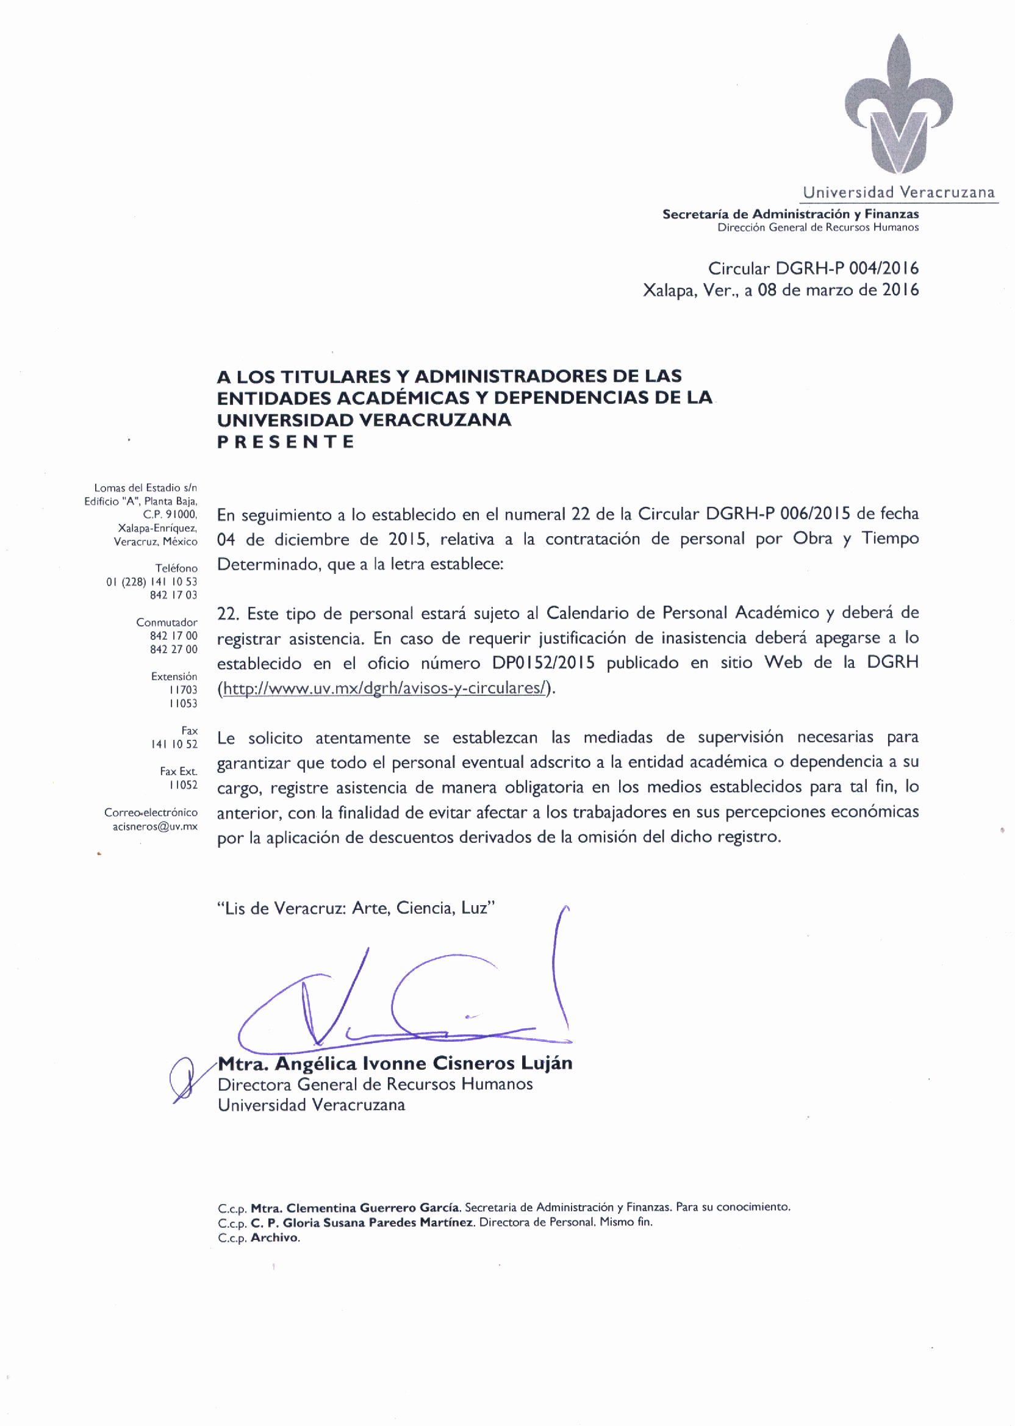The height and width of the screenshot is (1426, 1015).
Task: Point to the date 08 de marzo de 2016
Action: [x=838, y=290]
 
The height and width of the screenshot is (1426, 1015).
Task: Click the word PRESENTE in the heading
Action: [x=285, y=442]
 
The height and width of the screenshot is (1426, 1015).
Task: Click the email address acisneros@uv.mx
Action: [x=155, y=826]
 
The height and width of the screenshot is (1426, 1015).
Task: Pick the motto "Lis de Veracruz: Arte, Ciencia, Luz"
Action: [x=356, y=908]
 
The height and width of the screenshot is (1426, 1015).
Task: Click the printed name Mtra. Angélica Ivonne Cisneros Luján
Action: [x=395, y=1063]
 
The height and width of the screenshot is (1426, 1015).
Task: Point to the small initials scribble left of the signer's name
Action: [x=182, y=1078]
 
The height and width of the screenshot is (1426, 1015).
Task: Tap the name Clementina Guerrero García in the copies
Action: [x=373, y=1207]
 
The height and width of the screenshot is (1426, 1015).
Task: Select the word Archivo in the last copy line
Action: [x=275, y=1238]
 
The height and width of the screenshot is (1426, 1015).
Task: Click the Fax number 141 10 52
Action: [x=174, y=744]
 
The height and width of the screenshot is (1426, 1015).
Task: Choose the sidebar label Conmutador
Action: [x=167, y=622]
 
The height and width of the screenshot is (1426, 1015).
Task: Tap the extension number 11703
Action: [x=183, y=690]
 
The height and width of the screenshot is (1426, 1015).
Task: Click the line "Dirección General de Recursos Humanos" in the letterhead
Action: [x=817, y=228]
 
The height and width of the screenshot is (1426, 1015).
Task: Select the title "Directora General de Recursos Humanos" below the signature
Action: [x=375, y=1084]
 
